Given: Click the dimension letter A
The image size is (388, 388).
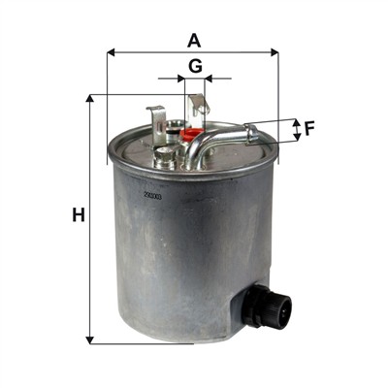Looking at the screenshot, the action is click(194, 41).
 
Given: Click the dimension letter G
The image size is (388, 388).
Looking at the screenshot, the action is click(195, 66).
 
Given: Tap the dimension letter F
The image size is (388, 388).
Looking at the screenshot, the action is click(309, 129).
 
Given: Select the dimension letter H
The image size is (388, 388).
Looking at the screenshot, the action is click(79, 215).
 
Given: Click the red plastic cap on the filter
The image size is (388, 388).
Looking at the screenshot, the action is click(192, 134).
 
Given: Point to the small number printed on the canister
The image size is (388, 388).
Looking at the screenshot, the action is click(152, 196).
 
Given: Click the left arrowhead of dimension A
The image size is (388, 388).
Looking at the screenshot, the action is click(111, 52).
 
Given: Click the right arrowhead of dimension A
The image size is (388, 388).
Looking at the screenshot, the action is click(275, 52).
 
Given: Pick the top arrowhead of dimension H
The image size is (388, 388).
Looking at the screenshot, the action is click(90, 98).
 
